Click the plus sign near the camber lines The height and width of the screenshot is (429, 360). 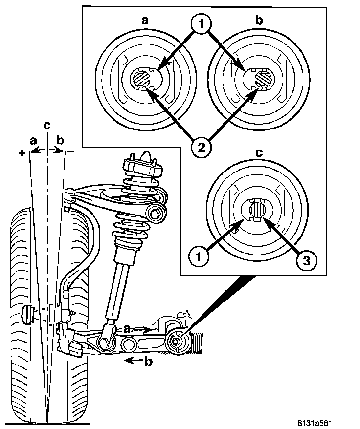tap(22, 153)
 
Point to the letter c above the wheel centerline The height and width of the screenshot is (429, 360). tap(46, 125)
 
